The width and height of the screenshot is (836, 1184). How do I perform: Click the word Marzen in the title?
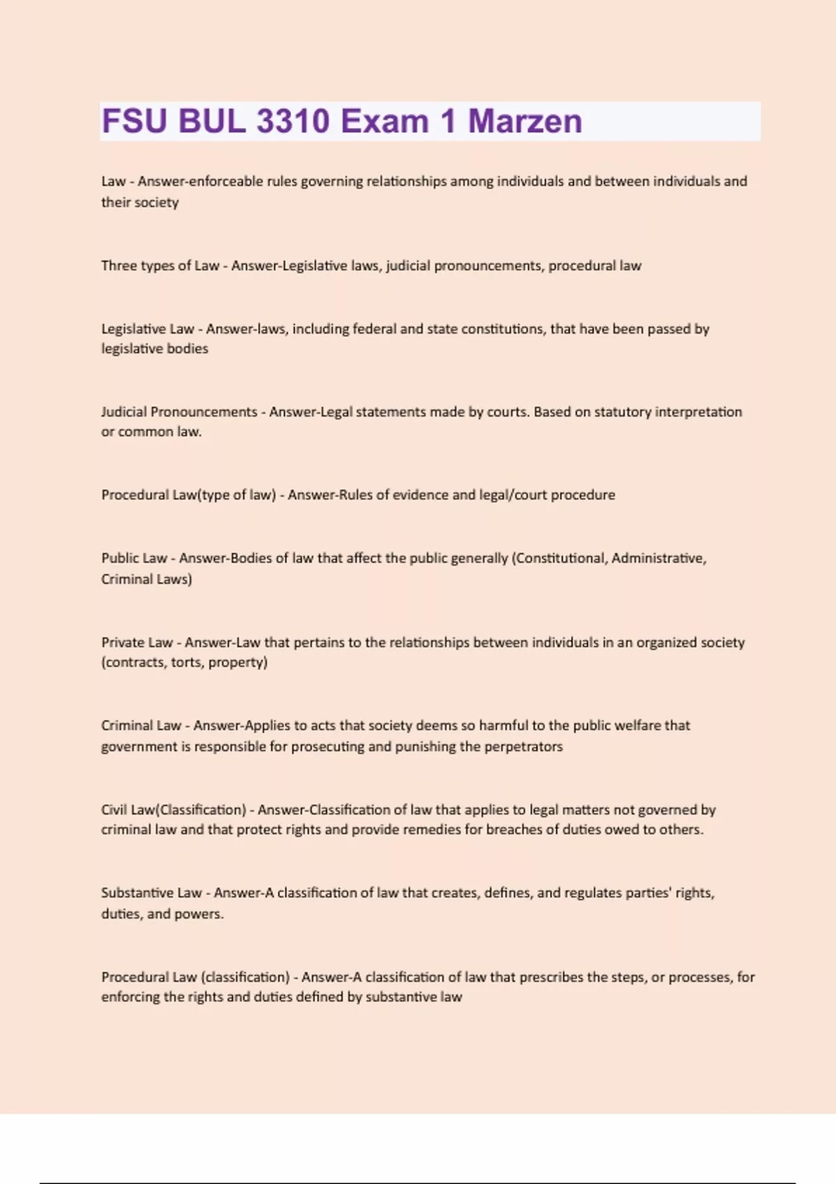point(525,121)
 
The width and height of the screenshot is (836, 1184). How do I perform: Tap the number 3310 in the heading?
point(293,121)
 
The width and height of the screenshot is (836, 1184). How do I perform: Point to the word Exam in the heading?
point(384,121)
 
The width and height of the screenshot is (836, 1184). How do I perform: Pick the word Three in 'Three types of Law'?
point(118,265)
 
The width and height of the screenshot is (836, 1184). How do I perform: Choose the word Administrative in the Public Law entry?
point(658,559)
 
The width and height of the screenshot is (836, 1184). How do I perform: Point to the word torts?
point(186,662)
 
